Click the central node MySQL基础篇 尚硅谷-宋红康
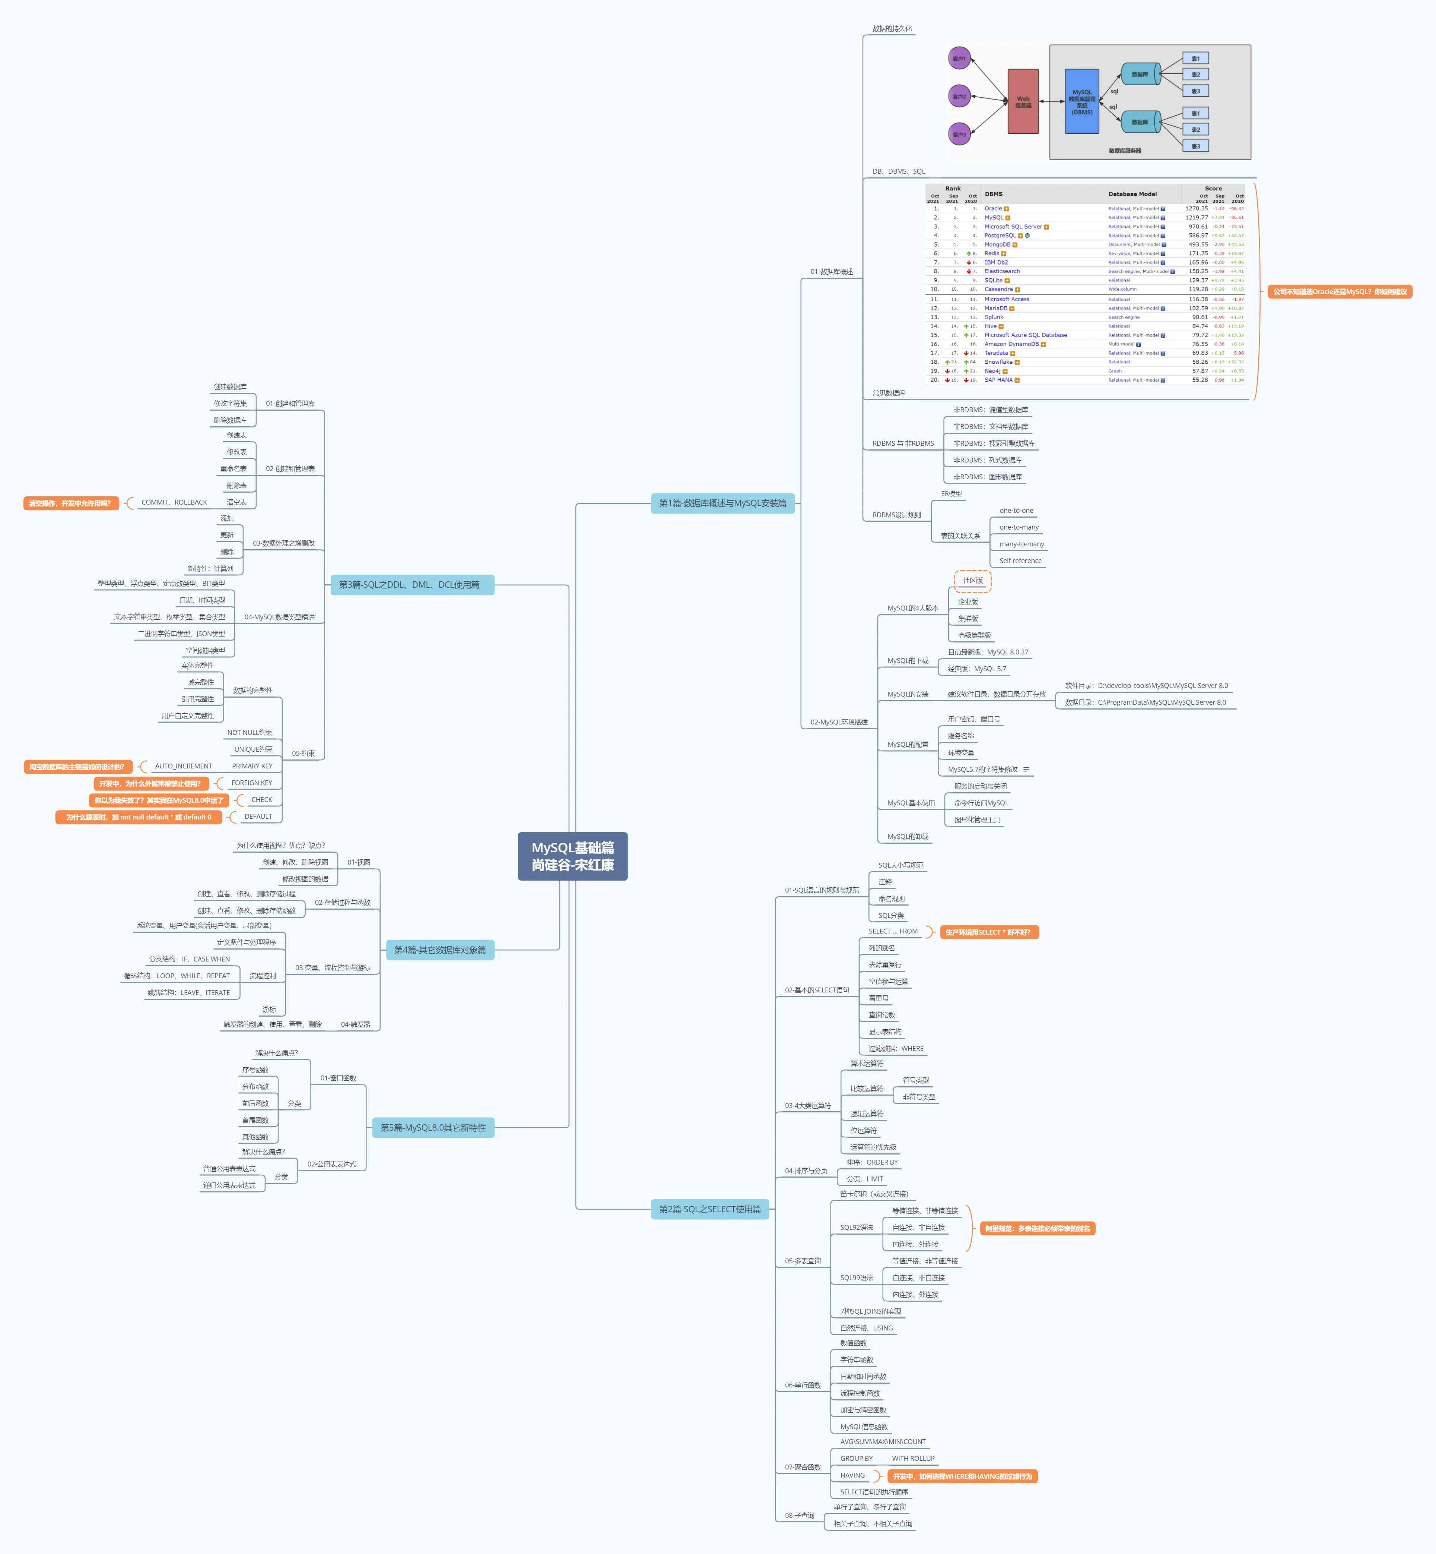click(573, 856)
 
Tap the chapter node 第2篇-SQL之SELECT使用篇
click(709, 1209)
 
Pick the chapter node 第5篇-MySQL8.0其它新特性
click(433, 1127)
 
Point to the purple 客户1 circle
click(960, 58)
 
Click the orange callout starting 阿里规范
click(1038, 1228)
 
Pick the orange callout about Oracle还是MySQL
click(1340, 291)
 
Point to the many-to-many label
click(1021, 544)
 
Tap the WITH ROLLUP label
click(913, 1458)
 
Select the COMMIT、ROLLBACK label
click(174, 502)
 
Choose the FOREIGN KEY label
click(252, 783)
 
